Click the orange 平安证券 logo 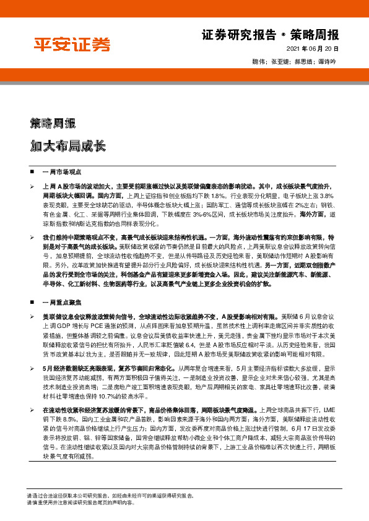click(72, 45)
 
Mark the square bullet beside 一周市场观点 click(32, 170)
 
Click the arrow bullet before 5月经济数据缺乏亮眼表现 click(32, 368)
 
